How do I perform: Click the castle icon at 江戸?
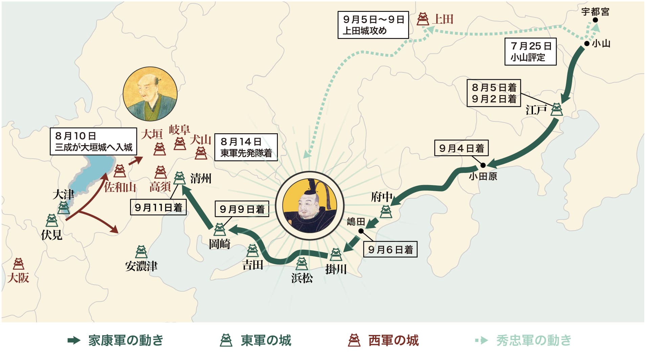(x=556, y=109)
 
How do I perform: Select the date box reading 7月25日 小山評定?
(x=530, y=51)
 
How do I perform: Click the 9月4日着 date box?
(x=461, y=148)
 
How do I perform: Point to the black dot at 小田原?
(x=483, y=165)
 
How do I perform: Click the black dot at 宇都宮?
(x=595, y=20)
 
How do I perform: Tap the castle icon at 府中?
(x=386, y=211)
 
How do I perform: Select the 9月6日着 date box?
(x=390, y=250)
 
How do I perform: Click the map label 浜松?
(x=302, y=278)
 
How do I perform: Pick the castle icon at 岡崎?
(x=220, y=229)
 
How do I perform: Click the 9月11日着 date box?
(x=158, y=207)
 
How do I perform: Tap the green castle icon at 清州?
(x=179, y=178)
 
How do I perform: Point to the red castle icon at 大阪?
(x=18, y=264)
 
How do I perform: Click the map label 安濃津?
(x=141, y=266)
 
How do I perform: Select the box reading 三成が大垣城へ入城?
(x=93, y=141)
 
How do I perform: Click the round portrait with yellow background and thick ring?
(x=309, y=206)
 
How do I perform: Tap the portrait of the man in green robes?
(x=150, y=94)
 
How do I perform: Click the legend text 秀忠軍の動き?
(x=534, y=340)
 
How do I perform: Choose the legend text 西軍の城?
(x=393, y=340)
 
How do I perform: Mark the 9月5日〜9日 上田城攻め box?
(x=373, y=25)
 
